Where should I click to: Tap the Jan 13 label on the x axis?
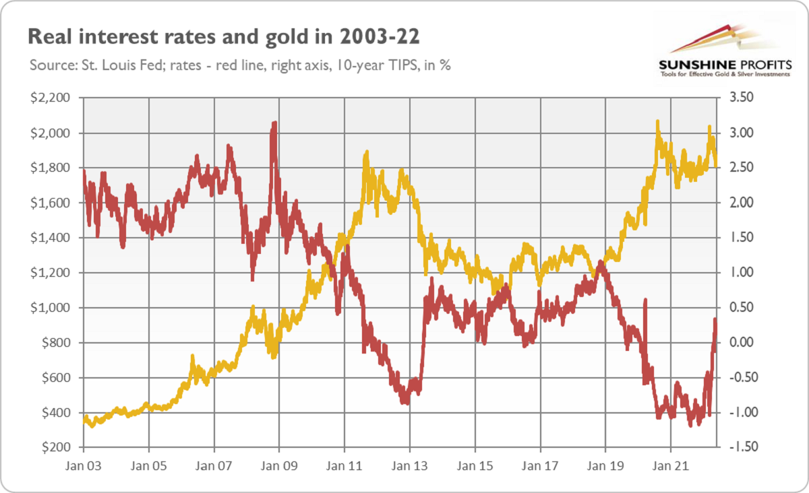click(410, 465)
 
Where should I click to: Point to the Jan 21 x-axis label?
click(671, 465)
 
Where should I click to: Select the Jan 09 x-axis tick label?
click(279, 465)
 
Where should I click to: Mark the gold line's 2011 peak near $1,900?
click(365, 153)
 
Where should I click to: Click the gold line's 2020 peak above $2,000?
click(657, 123)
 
